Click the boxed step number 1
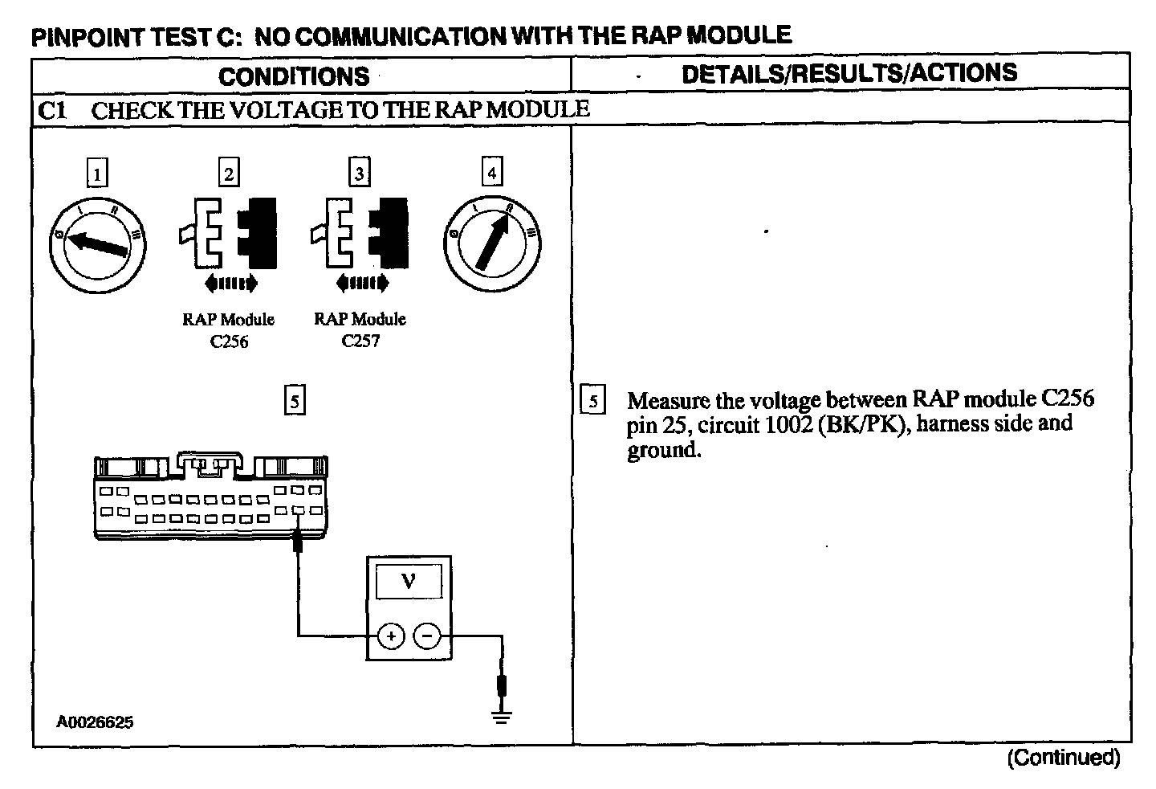pos(96,173)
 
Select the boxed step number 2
pos(229,173)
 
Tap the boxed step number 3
pos(359,173)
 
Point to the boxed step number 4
pos(491,173)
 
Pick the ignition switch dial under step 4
pos(491,240)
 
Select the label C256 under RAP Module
pos(229,341)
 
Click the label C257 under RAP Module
pos(360,341)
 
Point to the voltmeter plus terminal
pos(391,637)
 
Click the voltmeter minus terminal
pos(427,637)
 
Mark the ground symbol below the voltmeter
pos(502,716)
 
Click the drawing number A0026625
pos(95,722)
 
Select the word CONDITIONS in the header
pos(294,76)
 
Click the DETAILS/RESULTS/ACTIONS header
pos(849,73)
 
